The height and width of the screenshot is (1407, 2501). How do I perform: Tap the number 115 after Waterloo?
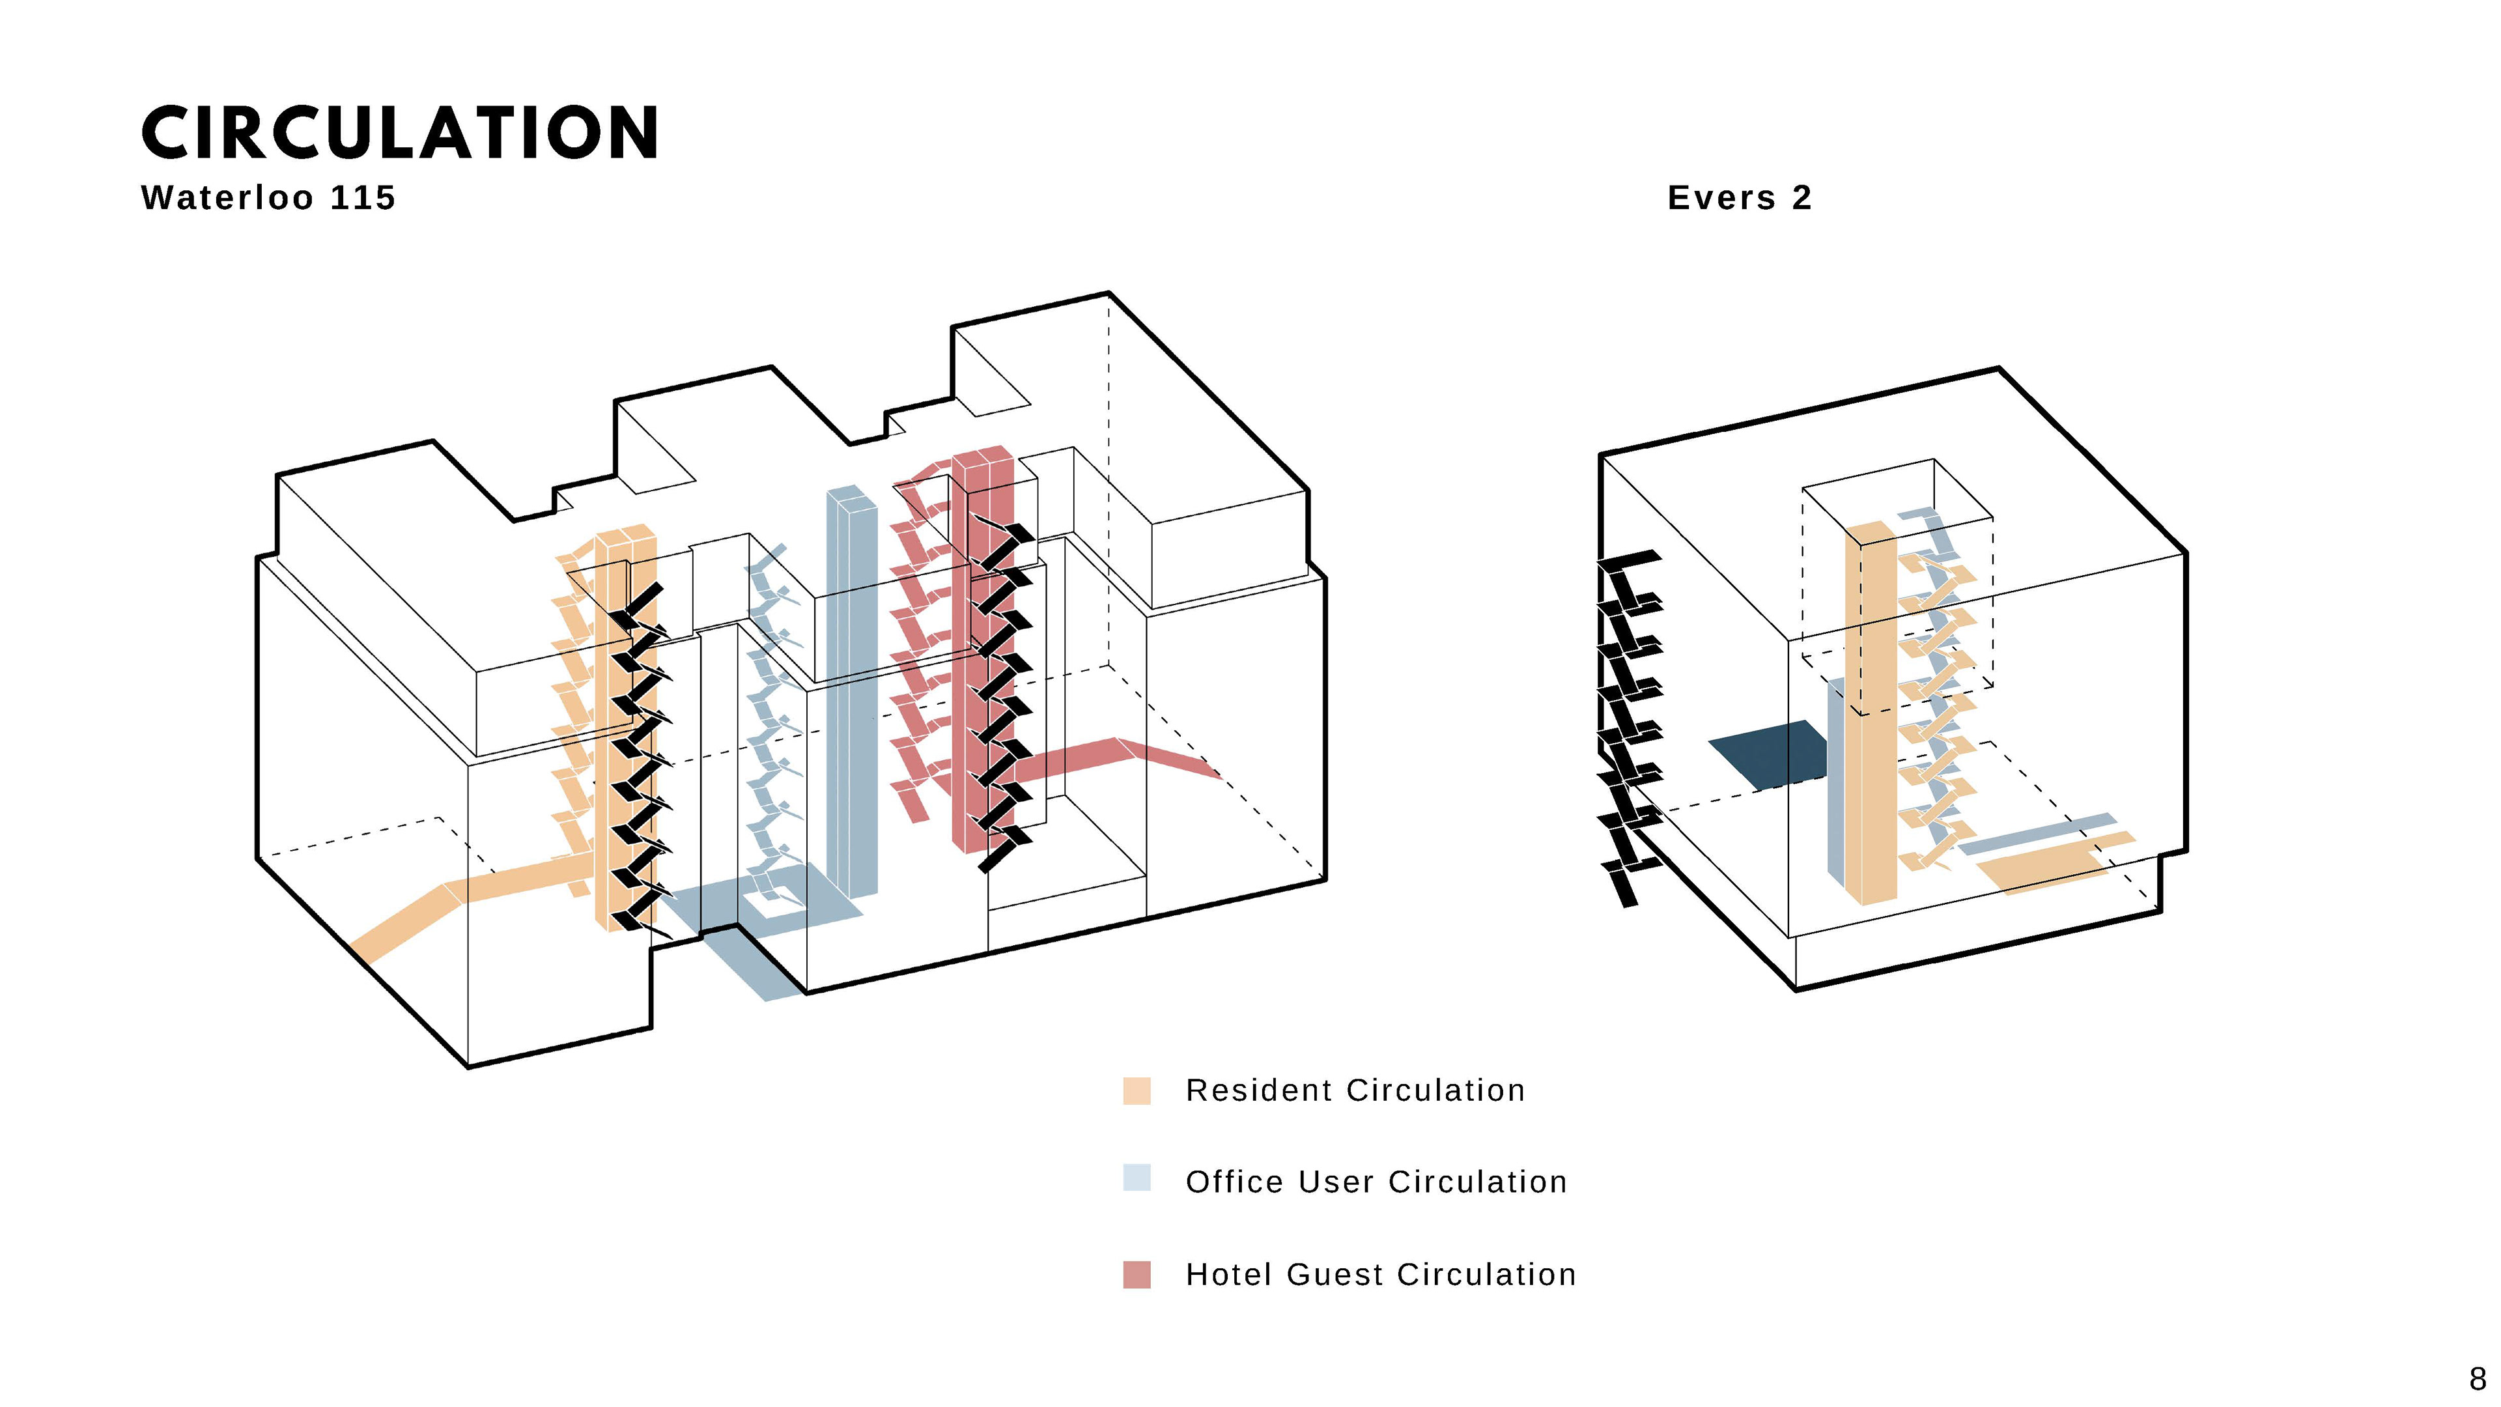tap(363, 198)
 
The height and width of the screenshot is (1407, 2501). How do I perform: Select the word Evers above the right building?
tap(1720, 198)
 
